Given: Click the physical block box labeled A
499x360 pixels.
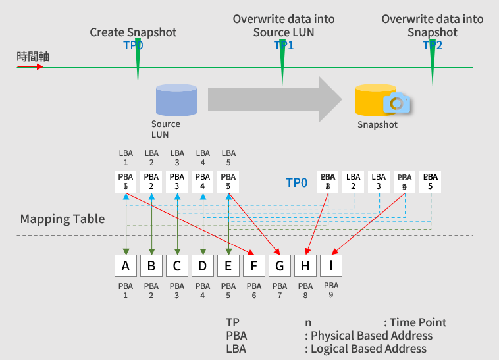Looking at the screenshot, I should (x=125, y=266).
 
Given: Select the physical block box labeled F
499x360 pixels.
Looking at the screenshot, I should (x=253, y=266).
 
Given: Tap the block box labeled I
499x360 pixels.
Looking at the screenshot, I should (x=330, y=266).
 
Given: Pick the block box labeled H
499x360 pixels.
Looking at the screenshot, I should (x=305, y=266).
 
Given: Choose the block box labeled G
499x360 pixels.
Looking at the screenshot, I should (x=279, y=266).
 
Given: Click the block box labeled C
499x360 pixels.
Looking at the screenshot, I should (x=176, y=266).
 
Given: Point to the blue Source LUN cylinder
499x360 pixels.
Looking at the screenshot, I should (x=176, y=100).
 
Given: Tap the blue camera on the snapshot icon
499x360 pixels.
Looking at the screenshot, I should (x=396, y=103).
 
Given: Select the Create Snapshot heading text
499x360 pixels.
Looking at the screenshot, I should (x=133, y=32).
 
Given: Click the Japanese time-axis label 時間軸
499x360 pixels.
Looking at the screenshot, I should (x=33, y=57).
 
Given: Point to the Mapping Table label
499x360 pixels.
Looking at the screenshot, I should (x=63, y=219).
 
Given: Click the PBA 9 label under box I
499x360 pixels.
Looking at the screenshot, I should (x=331, y=290).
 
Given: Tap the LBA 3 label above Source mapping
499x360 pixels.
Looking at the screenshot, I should (x=176, y=158).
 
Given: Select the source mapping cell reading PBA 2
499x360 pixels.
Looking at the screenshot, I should (x=151, y=182).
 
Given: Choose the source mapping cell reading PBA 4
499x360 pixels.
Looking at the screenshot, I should (x=202, y=182).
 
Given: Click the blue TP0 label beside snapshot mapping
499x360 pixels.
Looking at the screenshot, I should (x=296, y=182).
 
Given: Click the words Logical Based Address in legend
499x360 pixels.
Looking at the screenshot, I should (x=369, y=349).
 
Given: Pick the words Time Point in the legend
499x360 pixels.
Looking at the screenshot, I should (x=418, y=322).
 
